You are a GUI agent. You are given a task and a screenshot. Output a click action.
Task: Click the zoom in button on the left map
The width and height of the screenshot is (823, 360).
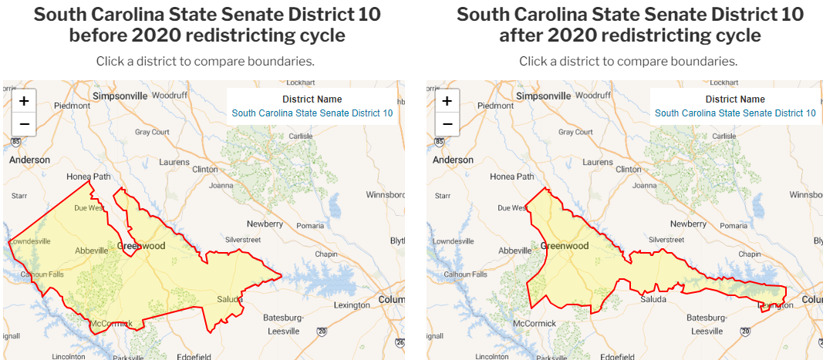[x=24, y=101]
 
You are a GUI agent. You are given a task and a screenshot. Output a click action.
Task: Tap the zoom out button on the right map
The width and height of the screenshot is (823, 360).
[x=447, y=124]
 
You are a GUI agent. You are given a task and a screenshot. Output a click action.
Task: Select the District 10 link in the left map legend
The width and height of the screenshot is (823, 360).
[x=312, y=113]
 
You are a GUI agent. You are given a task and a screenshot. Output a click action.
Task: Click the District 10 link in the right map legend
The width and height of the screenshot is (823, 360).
[x=735, y=113]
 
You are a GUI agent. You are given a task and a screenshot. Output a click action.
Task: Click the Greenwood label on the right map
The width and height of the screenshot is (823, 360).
[x=565, y=246]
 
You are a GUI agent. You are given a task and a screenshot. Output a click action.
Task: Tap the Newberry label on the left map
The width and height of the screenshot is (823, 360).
[x=265, y=224]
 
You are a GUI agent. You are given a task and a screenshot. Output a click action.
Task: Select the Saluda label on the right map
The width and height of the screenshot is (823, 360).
[x=654, y=299]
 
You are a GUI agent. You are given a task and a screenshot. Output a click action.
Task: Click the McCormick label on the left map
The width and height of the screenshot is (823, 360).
[x=111, y=323]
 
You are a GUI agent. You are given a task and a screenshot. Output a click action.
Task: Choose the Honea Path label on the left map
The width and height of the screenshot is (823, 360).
[x=89, y=177]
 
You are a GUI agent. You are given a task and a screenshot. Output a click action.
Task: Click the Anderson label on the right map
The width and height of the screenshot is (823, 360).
[x=453, y=160]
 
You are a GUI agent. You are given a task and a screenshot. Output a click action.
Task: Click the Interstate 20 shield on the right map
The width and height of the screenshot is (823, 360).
[x=745, y=331]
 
